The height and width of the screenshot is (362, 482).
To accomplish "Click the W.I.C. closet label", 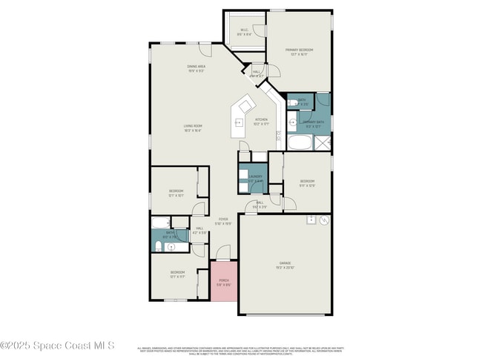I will point(244,33).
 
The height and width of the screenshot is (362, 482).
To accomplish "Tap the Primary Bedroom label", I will point(299,52).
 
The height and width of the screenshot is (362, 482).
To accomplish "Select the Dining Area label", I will point(196,68).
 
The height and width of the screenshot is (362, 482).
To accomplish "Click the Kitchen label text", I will point(261,121).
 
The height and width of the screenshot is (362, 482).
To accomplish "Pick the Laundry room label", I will point(255,178).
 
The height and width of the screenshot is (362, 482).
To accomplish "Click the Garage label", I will point(284,264).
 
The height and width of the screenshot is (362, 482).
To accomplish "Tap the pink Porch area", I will point(224,281).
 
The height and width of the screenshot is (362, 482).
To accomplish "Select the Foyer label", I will point(223,221).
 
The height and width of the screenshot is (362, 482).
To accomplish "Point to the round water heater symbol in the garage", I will point(323,222).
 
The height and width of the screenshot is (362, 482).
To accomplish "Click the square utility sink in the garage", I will point(311,220).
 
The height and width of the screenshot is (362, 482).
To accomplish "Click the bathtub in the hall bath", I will point(161,222).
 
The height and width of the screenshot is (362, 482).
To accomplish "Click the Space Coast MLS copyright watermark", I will point(58,345).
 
